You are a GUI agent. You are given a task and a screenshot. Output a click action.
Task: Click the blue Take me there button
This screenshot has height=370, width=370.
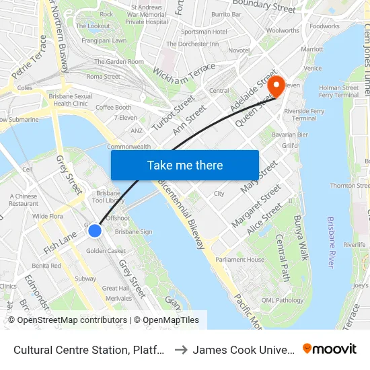point(185,165)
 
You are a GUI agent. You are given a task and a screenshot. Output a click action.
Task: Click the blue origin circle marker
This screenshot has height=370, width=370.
point(95,231)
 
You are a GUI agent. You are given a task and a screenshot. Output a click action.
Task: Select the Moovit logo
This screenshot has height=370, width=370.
point(330,349)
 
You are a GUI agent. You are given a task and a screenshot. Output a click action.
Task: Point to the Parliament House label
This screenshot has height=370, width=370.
point(240,260)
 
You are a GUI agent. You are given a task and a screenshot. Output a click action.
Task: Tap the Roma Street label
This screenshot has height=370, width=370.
point(103,77)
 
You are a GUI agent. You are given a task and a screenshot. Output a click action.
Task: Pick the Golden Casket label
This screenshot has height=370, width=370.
point(106,251)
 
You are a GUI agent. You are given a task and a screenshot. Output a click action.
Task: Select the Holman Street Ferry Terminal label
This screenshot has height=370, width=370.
point(338,91)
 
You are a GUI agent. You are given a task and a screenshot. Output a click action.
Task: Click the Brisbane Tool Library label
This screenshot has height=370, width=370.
point(108,196)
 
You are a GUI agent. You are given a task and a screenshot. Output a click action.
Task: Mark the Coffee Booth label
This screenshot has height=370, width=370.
point(113,107)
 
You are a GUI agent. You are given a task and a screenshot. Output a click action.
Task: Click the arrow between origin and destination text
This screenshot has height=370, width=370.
point(181,350)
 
